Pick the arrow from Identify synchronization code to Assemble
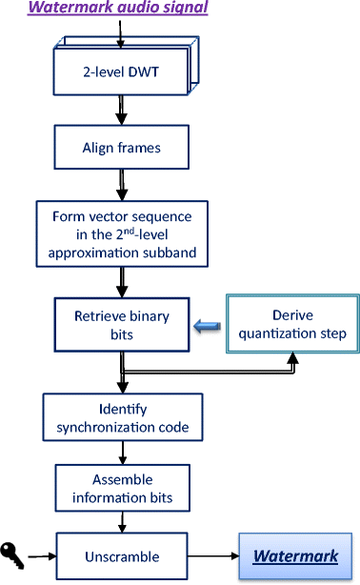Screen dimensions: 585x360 tap(120, 453)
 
